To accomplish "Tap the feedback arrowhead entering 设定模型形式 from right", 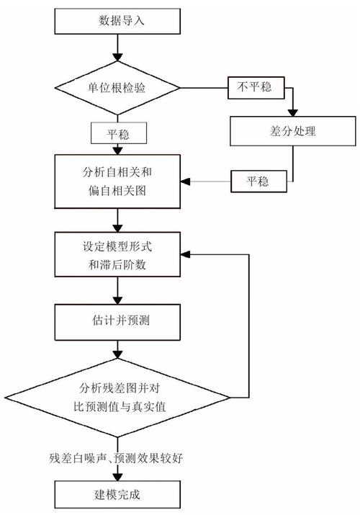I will click(184, 254).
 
